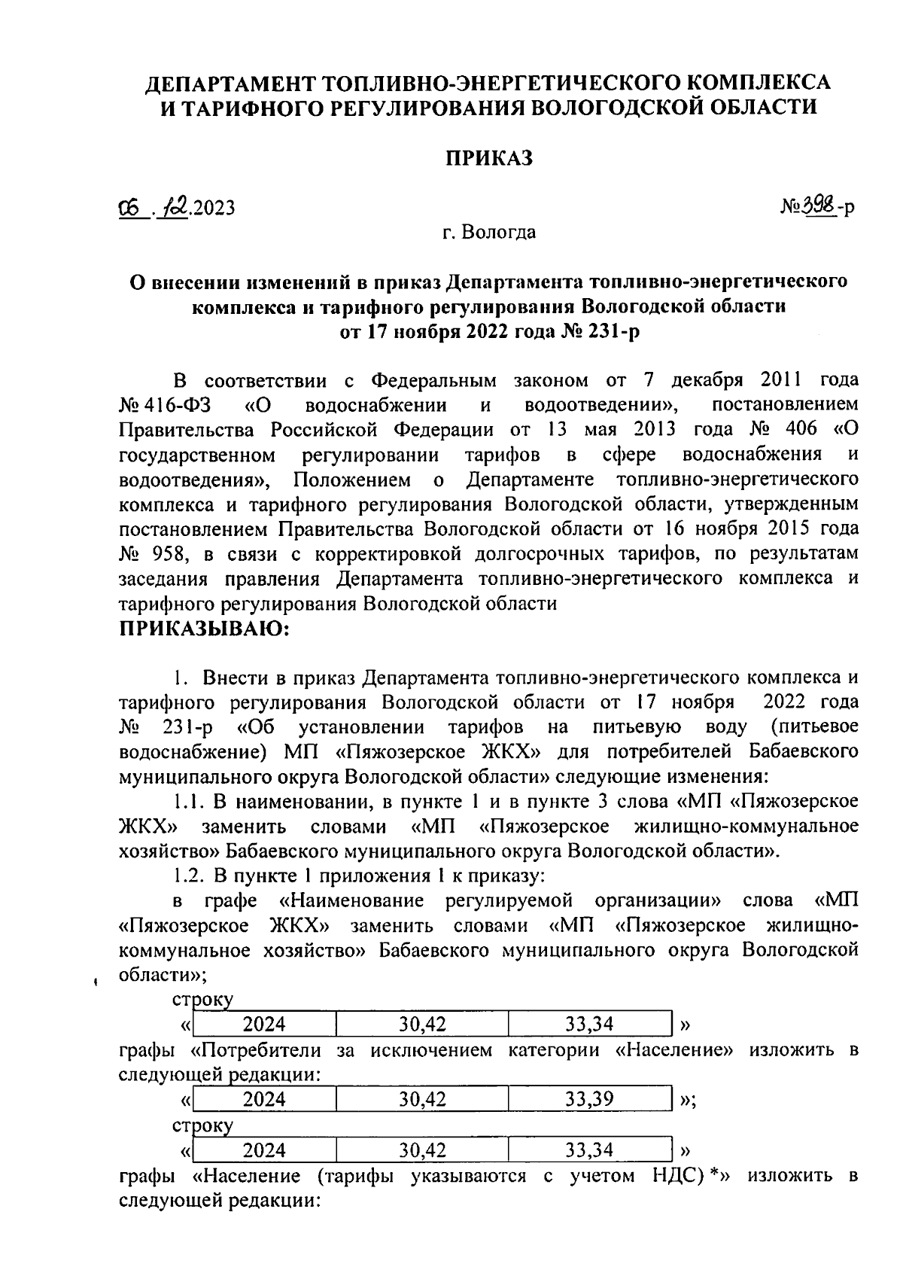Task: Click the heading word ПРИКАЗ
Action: tap(488, 157)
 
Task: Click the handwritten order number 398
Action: tap(818, 205)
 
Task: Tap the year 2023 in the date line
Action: tap(214, 207)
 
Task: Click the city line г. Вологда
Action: tap(488, 233)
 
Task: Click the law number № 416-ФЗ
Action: tap(165, 405)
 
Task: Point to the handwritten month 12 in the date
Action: tap(177, 205)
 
